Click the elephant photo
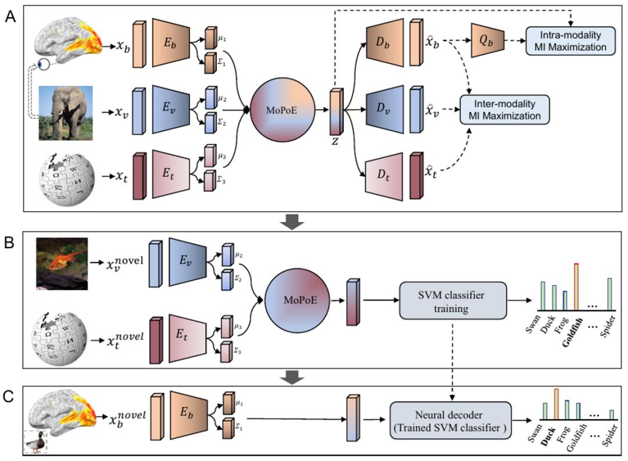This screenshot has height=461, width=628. point(65,113)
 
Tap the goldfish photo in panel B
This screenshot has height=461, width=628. point(61,263)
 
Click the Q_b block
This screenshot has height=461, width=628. point(487,40)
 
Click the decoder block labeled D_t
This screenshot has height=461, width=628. point(383,170)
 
